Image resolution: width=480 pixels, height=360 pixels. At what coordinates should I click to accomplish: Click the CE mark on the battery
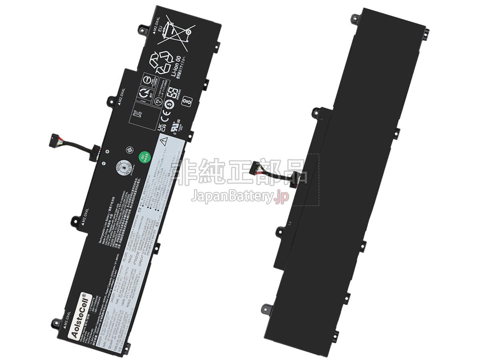[x=164, y=118]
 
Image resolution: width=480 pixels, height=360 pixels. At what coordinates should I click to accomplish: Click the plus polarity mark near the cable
[x=107, y=151]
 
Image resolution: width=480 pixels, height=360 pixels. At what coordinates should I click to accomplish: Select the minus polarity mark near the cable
[x=102, y=163]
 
